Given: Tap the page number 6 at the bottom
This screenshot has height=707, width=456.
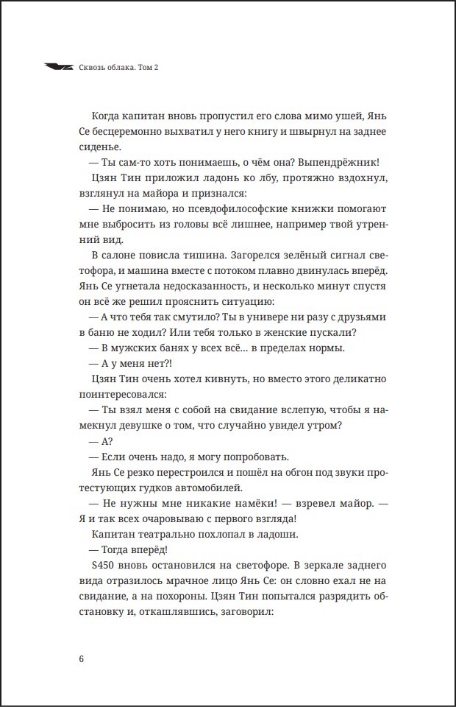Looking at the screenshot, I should [x=81, y=658].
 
